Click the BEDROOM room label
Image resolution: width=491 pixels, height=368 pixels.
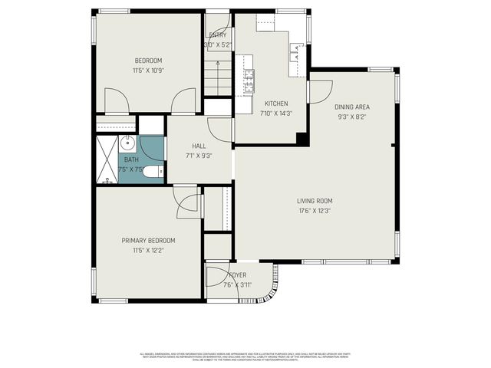(149, 61)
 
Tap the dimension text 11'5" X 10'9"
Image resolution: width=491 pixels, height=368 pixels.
(149, 71)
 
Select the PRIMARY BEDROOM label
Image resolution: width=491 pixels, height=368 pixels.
(149, 240)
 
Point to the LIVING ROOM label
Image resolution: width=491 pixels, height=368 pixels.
(315, 201)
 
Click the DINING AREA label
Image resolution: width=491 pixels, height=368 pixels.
(352, 107)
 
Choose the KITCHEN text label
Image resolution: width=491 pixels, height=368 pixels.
(276, 103)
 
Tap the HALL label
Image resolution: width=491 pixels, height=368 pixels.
(199, 146)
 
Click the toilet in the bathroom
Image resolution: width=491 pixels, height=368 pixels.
(153, 172)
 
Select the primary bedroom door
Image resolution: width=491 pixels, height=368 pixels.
(186, 202)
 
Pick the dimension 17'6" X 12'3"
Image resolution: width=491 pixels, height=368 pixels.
(315, 211)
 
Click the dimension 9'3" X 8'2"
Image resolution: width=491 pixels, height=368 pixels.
(352, 117)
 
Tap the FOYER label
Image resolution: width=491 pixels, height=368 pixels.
(237, 275)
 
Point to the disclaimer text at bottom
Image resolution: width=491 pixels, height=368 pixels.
(245, 356)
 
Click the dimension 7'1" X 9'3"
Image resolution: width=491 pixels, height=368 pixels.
(199, 156)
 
